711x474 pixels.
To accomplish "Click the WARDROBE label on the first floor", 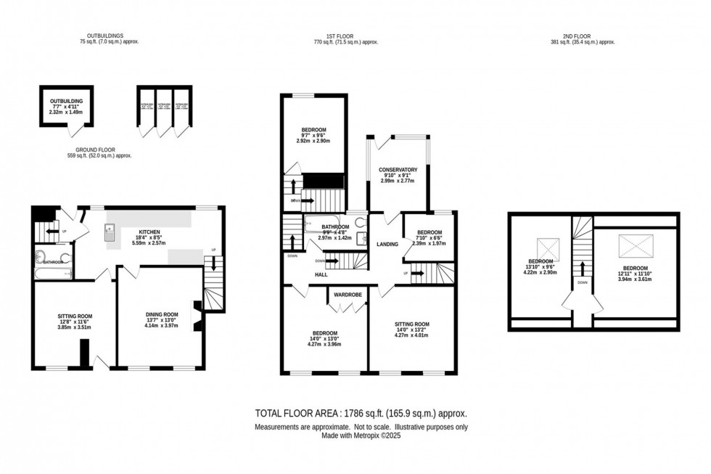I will click(x=348, y=295).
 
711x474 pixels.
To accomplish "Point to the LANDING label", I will click(x=387, y=244).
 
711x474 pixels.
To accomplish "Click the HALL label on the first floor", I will click(x=321, y=274).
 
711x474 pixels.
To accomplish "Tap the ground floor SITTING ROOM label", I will click(x=75, y=316).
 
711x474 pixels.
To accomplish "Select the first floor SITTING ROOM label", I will click(x=412, y=324).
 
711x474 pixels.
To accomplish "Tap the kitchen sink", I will click(x=110, y=234).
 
